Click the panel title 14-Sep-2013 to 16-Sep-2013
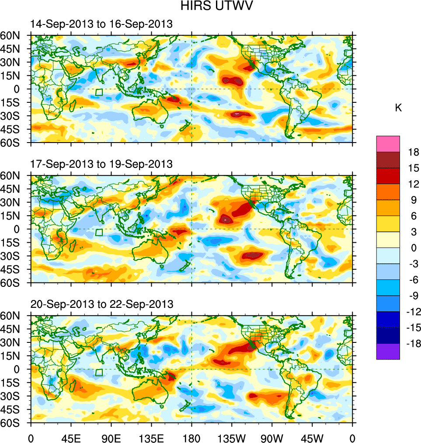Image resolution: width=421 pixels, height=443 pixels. click(101, 24)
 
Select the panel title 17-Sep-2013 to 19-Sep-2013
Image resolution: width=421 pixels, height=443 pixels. click(101, 164)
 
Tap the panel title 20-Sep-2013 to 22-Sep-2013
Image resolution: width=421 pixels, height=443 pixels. click(101, 304)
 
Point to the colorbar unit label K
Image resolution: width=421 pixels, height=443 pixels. click(398, 108)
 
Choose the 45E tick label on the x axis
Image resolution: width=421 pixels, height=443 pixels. click(71, 437)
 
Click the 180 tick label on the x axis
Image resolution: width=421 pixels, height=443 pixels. click(191, 437)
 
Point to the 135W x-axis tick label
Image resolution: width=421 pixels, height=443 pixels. click(232, 437)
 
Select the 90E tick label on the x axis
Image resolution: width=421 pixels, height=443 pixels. click(111, 437)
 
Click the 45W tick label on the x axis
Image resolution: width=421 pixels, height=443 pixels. click(312, 437)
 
